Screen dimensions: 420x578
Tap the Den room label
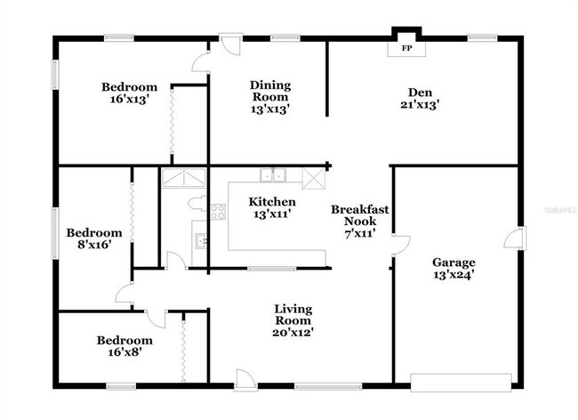click(x=420, y=98)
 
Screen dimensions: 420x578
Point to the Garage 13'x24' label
click(x=454, y=269)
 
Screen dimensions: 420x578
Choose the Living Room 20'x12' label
click(x=293, y=320)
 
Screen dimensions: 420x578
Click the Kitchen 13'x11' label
click(x=271, y=207)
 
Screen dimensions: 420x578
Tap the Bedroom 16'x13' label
click(x=129, y=93)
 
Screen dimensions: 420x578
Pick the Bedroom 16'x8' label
click(x=124, y=346)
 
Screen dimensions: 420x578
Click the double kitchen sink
click(x=272, y=174)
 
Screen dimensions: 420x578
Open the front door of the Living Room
click(x=244, y=380)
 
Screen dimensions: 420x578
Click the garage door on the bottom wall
click(x=461, y=383)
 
